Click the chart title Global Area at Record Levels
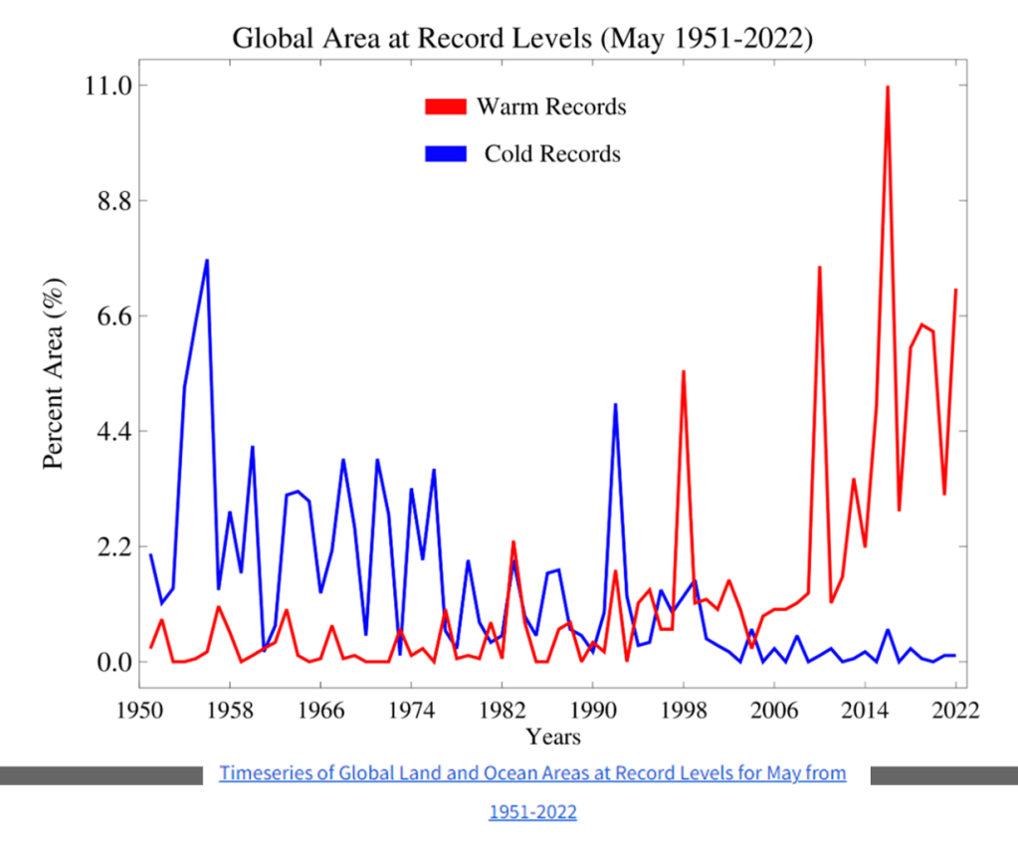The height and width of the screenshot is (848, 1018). pyautogui.click(x=523, y=39)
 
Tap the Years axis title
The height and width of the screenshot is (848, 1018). pyautogui.click(x=553, y=738)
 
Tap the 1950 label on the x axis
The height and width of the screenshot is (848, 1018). pyautogui.click(x=140, y=711)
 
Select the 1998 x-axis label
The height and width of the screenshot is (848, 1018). pyautogui.click(x=684, y=711)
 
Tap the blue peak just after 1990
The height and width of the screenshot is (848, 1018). pyautogui.click(x=616, y=405)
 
